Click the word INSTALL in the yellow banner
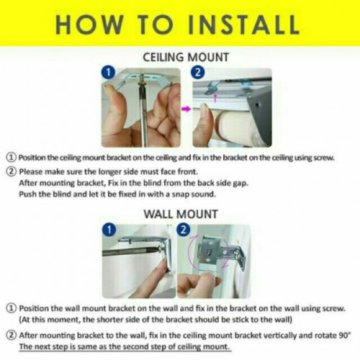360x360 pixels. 243,24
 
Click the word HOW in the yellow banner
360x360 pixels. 89,24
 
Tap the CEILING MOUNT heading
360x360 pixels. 186,58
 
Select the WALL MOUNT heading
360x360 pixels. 181,214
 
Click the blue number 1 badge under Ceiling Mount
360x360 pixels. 109,73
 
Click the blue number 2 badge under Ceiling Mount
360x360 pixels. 197,73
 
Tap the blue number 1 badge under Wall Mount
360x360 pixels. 109,230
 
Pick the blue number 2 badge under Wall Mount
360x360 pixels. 183,230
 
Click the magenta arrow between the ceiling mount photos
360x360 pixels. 186,109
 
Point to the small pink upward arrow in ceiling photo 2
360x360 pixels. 215,98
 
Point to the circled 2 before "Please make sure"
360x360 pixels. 11,172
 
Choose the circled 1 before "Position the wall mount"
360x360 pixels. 11,308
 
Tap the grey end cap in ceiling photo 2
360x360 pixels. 261,113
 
